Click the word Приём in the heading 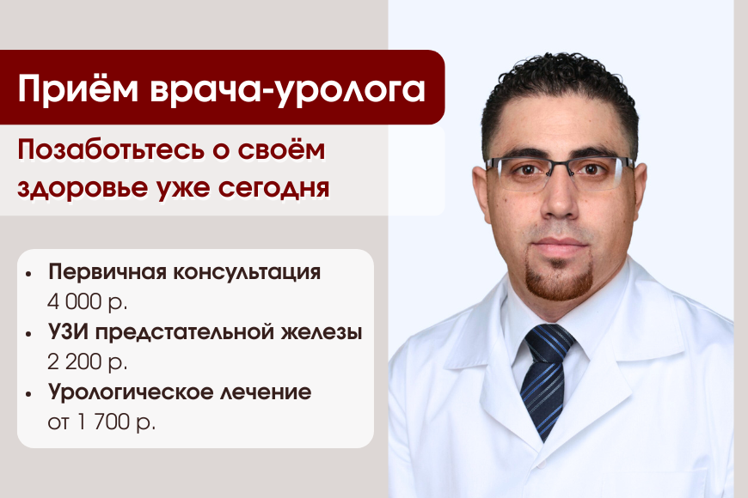[77, 88]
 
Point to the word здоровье [83, 188]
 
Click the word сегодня [273, 188]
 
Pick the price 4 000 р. [88, 301]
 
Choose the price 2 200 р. [88, 361]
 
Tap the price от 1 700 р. [101, 422]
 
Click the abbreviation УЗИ [69, 331]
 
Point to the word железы [322, 332]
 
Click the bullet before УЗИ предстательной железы [28, 334]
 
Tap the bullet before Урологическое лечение [28, 394]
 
